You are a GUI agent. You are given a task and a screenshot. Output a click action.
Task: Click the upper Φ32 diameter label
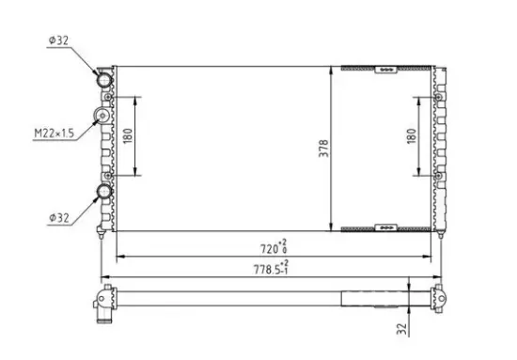58,41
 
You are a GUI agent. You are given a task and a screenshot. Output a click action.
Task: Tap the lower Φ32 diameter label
58,218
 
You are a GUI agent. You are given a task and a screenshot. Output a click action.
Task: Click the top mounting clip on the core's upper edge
384,69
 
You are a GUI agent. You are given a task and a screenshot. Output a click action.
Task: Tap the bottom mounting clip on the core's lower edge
384,228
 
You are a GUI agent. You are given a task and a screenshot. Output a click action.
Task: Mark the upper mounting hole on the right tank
438,96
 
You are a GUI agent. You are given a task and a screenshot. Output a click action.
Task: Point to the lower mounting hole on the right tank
438,175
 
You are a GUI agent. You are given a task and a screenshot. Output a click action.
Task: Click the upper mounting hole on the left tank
109,96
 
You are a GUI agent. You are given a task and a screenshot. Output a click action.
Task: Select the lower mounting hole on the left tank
109,175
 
